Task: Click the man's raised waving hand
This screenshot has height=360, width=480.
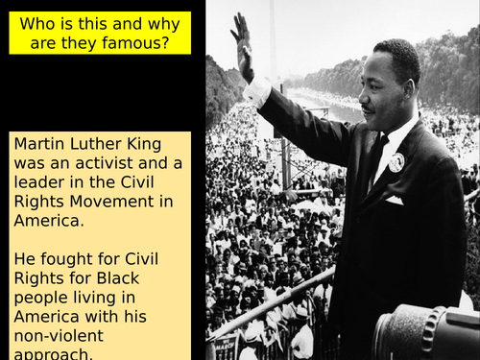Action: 242,44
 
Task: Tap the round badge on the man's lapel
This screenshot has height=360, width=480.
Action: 396,161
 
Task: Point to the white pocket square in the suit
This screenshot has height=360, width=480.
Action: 394,201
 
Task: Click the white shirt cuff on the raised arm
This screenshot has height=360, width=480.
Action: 256,91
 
